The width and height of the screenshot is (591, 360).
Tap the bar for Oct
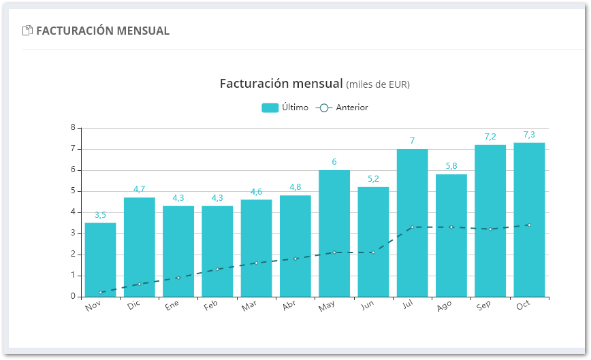[529, 219]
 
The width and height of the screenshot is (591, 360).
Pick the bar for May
[334, 233]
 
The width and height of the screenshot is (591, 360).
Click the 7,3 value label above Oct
[529, 135]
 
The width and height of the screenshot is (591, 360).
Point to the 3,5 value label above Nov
[100, 215]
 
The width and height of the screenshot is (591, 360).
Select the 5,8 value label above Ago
[451, 166]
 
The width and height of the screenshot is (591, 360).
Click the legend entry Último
[285, 108]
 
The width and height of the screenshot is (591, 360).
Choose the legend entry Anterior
[343, 108]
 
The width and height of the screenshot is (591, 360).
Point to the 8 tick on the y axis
[73, 128]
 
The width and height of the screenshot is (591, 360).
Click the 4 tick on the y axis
[73, 212]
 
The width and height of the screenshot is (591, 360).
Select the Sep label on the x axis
[485, 306]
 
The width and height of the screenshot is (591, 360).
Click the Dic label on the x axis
[134, 306]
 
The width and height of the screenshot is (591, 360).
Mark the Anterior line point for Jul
[412, 227]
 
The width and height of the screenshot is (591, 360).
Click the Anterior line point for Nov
[101, 293]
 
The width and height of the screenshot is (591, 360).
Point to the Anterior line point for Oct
[529, 225]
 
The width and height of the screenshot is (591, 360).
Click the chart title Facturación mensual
[281, 84]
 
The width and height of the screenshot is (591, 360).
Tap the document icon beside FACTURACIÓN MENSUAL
[28, 31]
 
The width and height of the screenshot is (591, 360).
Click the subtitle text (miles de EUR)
[378, 85]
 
